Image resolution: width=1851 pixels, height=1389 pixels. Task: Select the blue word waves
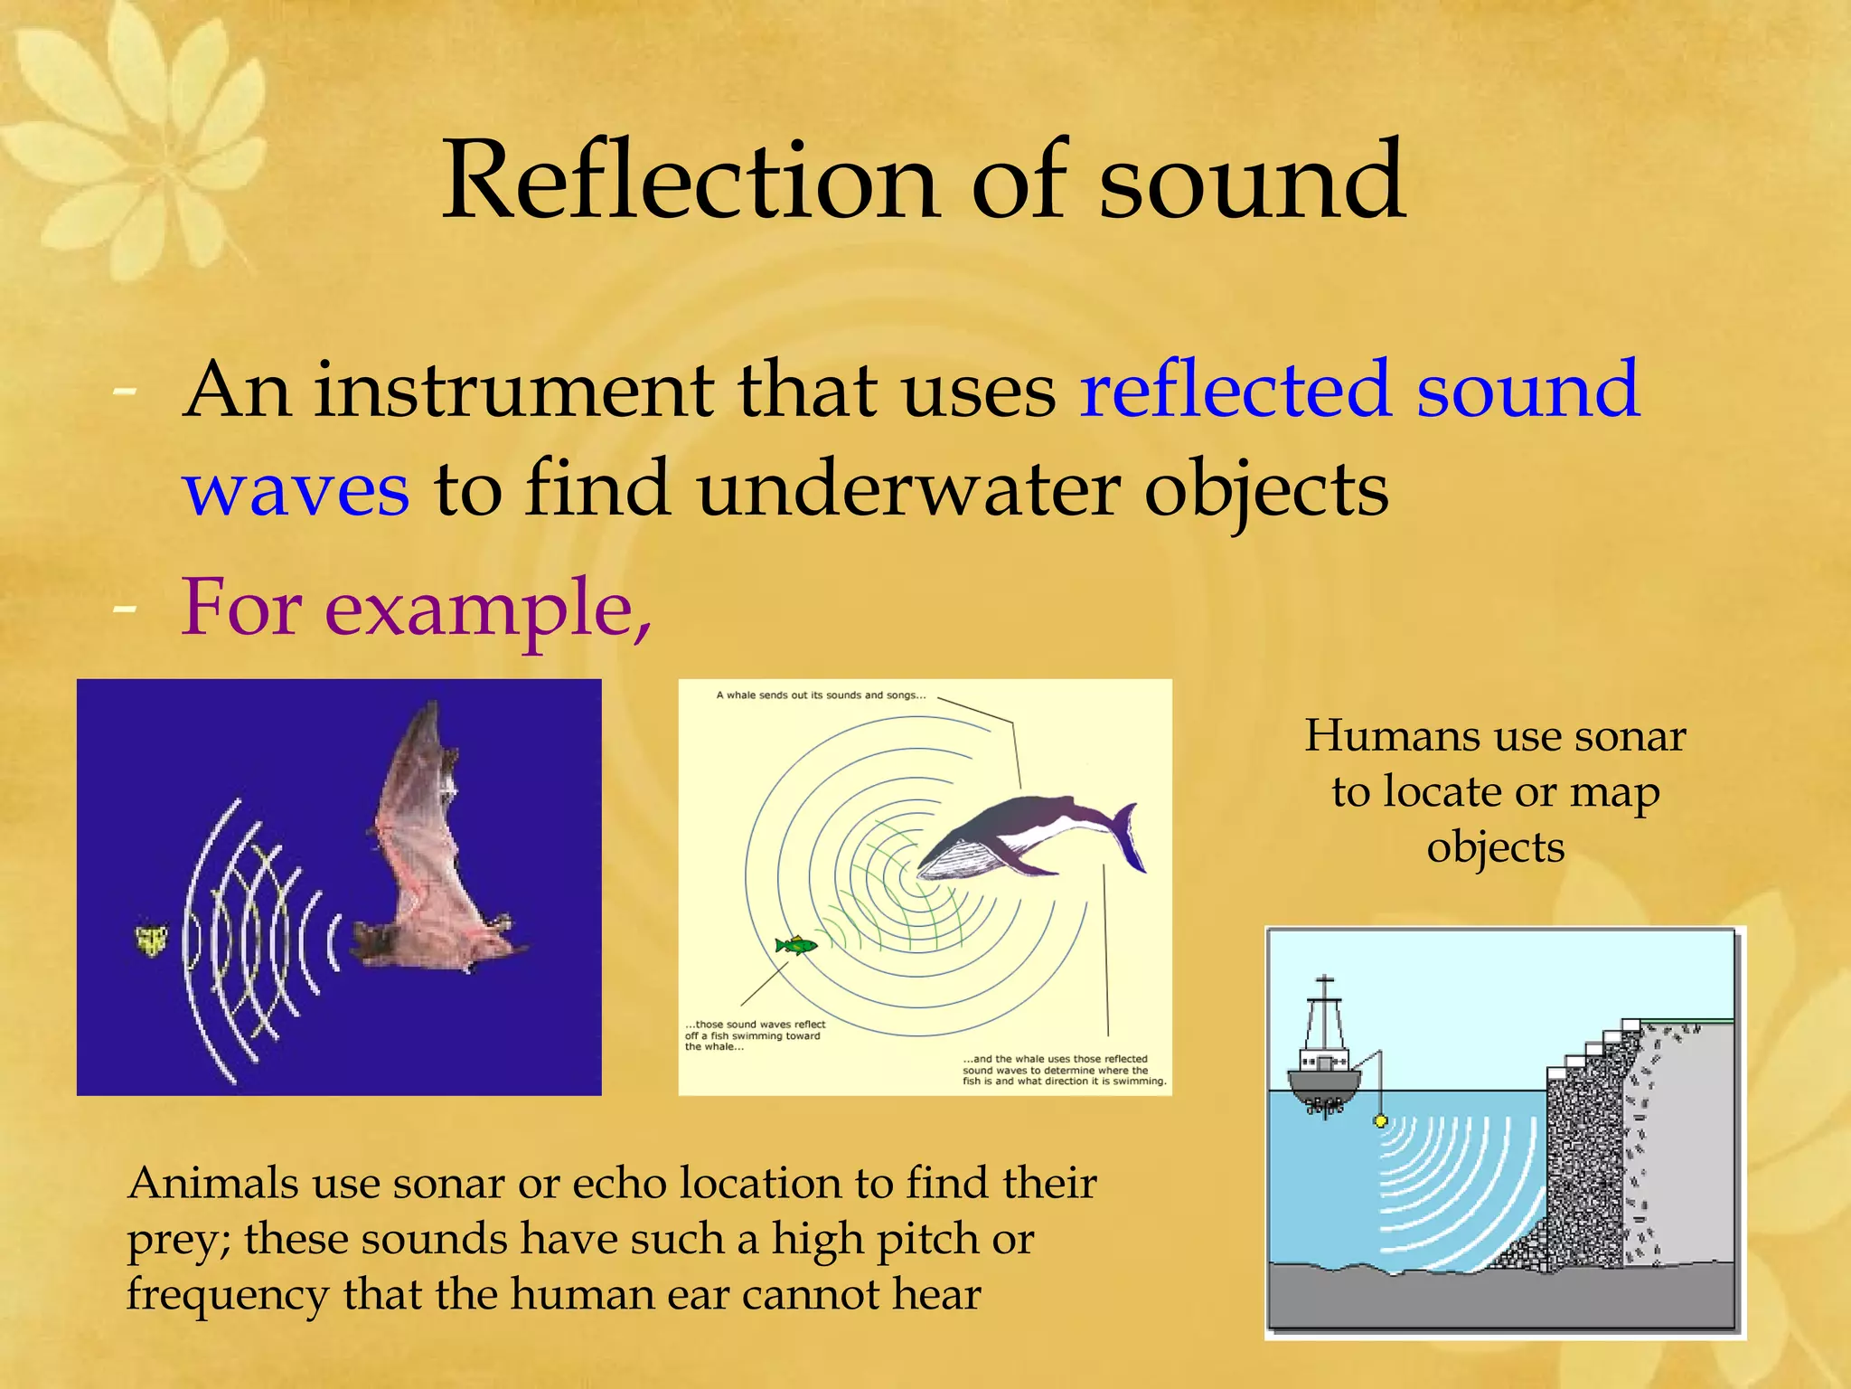296,490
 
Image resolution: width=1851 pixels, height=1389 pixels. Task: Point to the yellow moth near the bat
151,940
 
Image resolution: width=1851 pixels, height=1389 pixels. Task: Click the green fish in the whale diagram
794,946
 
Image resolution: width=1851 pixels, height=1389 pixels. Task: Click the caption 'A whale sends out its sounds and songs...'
820,695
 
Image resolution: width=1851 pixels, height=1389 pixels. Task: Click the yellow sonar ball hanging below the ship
1380,1121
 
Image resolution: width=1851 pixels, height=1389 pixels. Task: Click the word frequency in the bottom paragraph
227,1295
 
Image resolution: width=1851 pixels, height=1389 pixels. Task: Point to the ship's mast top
1324,980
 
